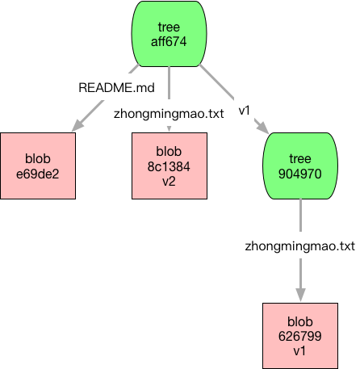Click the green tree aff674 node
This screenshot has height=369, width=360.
point(169,34)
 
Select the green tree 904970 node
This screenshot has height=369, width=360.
point(300,166)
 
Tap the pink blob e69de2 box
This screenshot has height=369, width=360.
point(38,166)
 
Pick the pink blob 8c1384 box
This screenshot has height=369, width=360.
point(170,166)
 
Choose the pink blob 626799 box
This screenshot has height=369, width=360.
point(300,336)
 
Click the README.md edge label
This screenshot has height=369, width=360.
point(116,88)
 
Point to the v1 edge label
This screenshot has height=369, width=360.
point(245,111)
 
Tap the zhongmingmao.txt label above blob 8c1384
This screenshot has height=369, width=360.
point(169,114)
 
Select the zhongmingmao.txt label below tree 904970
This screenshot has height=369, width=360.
point(300,246)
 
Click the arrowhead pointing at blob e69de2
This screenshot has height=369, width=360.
point(77,125)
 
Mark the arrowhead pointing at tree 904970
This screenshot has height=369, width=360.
point(262,127)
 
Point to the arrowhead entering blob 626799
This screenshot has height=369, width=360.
point(300,295)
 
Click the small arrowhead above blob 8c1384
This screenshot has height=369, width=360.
point(169,129)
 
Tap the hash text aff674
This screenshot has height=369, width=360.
point(169,42)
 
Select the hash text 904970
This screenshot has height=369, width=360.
point(300,174)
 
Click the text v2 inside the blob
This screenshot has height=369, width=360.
point(169,182)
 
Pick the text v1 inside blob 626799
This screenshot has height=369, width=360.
point(299,351)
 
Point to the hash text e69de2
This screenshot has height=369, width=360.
point(38,174)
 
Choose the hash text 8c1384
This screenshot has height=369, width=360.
point(169,166)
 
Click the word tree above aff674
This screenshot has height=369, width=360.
point(169,27)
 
